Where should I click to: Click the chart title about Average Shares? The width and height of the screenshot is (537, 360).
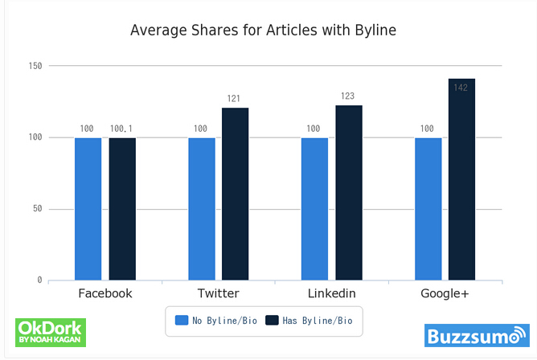[264, 31]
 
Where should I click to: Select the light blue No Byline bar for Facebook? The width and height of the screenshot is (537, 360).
[88, 209]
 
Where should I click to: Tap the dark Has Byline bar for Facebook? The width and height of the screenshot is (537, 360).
[122, 209]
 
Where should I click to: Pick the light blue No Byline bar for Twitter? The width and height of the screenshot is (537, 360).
[202, 209]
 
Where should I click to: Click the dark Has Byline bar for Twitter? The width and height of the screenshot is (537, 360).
[236, 194]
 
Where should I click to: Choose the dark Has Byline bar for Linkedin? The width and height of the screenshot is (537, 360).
[349, 193]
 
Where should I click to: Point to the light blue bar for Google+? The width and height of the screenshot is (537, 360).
[428, 209]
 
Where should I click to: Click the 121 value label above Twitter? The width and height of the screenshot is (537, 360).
[236, 99]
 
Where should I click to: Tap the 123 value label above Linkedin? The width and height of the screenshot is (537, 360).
[349, 96]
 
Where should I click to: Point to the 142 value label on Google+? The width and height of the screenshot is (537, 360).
[461, 87]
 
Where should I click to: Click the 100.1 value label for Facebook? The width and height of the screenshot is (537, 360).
[122, 129]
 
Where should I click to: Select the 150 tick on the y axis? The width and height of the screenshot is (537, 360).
[35, 65]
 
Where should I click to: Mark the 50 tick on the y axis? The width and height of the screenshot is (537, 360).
[37, 209]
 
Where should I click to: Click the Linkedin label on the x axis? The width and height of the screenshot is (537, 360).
[331, 293]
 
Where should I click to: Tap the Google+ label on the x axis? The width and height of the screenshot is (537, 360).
[445, 293]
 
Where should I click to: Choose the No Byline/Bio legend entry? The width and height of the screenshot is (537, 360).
[211, 321]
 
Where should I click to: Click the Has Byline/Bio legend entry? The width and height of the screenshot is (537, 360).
[309, 321]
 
